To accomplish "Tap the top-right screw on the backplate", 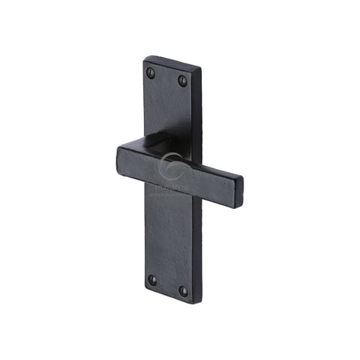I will (183, 81).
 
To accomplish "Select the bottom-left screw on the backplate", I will (152, 279).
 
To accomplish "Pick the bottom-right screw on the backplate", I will (183, 291).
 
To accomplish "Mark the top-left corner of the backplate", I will (146, 57).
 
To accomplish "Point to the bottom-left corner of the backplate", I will (144, 291).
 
